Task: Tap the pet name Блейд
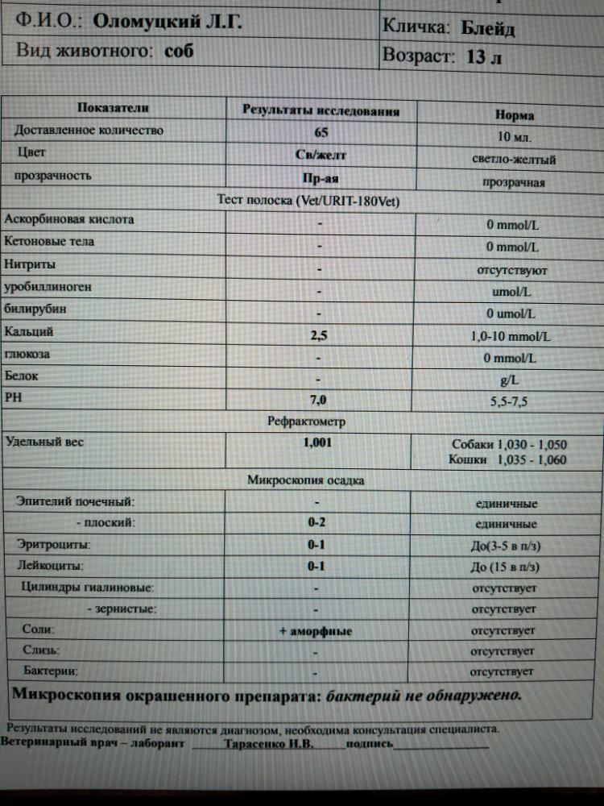488,29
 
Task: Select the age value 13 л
484,59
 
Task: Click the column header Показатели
113,108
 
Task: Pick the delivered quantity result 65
321,133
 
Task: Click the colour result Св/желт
321,155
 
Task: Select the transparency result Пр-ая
321,179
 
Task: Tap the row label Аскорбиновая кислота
70,219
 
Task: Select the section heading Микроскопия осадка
305,480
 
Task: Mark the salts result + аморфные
316,631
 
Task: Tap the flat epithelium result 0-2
316,522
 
